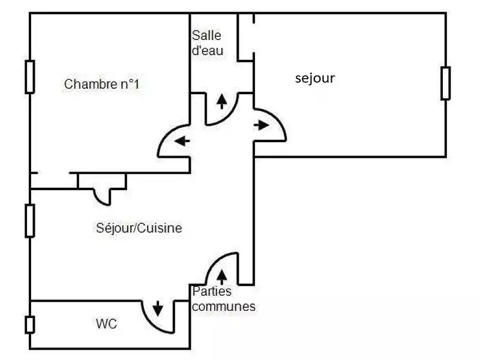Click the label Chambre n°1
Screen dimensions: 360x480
101,84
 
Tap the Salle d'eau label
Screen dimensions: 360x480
207,43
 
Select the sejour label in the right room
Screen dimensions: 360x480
315,78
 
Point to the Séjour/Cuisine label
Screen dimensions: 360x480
139,228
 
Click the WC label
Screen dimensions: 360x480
106,325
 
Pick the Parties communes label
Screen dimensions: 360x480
223,299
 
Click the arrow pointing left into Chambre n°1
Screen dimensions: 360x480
182,142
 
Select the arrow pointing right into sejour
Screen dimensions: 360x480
262,125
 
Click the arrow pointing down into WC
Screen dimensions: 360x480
158,309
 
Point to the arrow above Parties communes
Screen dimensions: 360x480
222,276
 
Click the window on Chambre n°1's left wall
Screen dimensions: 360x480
29,76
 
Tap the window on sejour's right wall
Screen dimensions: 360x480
445,83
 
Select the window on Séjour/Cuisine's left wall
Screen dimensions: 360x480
29,220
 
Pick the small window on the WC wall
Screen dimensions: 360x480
29,325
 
